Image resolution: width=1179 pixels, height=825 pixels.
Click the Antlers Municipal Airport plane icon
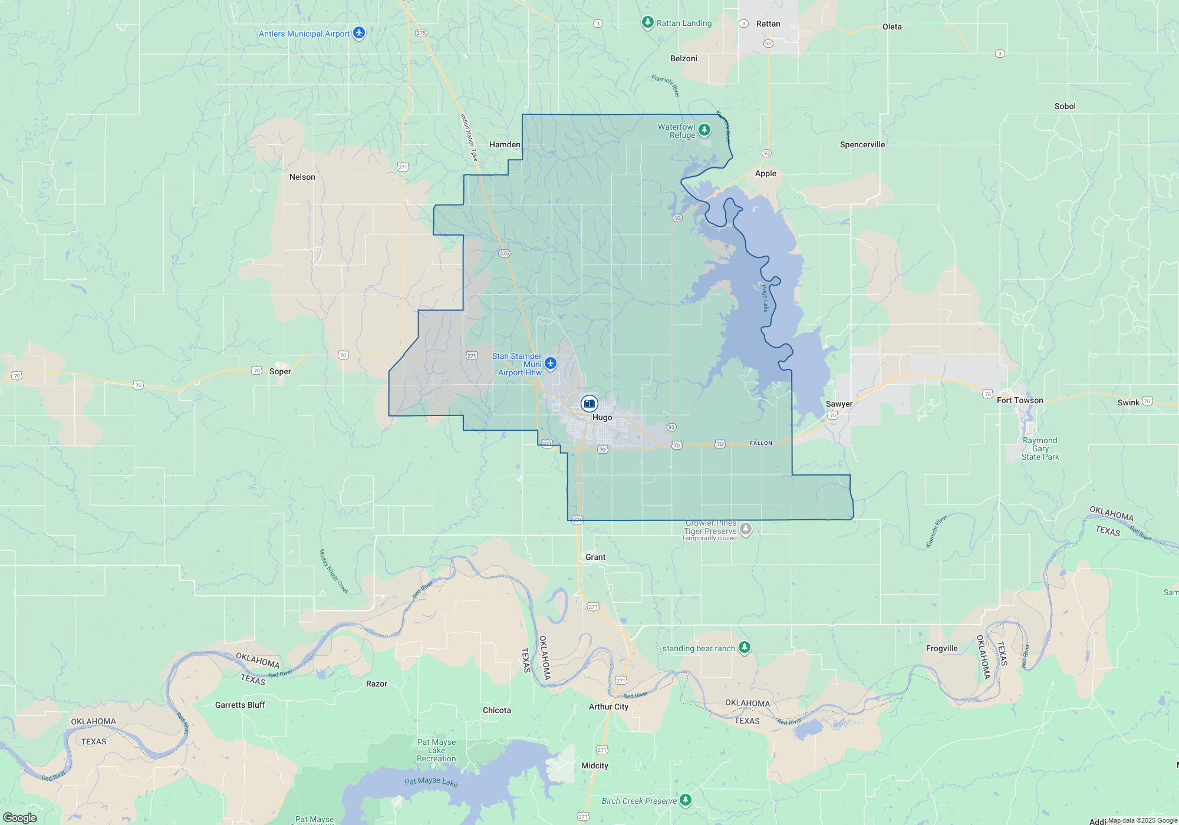359,32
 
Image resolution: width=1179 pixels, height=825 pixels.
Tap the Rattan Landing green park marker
647,22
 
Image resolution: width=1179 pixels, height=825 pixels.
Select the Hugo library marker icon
589,404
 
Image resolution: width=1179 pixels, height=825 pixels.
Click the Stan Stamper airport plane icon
551,363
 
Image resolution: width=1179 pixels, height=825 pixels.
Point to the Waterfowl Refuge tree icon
704,129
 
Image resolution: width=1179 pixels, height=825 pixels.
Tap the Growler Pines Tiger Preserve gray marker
746,529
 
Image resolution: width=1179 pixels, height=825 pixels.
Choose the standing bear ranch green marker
745,647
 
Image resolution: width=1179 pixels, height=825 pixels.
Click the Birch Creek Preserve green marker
685,800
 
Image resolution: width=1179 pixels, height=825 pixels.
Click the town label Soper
280,371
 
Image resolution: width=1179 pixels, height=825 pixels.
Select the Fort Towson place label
1020,400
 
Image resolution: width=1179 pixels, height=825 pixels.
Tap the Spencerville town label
862,144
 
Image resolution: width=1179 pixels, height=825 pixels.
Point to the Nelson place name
302,177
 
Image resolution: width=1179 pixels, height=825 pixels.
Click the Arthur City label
608,707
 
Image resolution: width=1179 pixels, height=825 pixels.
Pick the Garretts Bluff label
240,705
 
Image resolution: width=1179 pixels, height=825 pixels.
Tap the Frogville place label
941,648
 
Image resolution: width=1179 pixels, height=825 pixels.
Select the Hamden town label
505,144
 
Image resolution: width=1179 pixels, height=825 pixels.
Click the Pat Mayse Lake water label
431,781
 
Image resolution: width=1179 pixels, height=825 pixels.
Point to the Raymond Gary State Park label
1040,448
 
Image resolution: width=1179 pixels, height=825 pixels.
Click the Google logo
19,818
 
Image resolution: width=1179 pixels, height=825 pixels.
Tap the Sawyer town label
839,404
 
